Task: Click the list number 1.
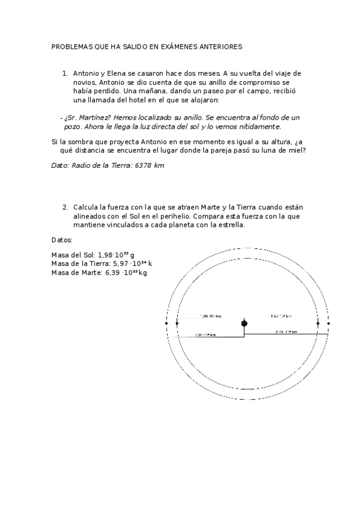pos(64,73)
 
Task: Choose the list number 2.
pos(64,207)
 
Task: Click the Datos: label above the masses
pos(63,239)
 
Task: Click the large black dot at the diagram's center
pos(244,324)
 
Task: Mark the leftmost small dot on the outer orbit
pos(166,324)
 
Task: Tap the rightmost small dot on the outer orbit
pos(329,324)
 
